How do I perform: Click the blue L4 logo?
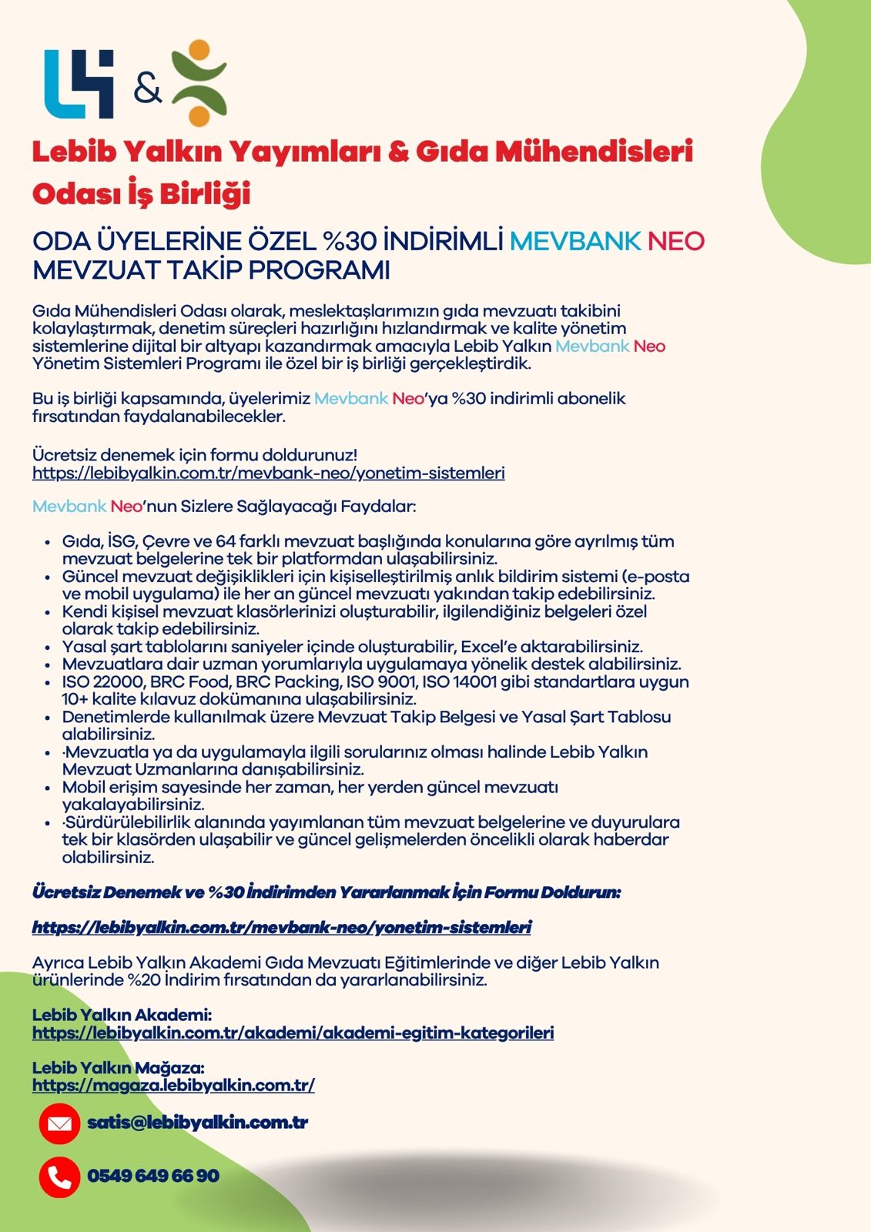click(79, 84)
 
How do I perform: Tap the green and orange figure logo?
click(199, 83)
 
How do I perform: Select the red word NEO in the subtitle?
click(675, 241)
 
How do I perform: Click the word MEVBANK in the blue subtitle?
click(575, 241)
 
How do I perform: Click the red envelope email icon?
click(59, 1123)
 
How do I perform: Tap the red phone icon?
click(59, 1177)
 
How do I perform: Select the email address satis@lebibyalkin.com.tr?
click(197, 1123)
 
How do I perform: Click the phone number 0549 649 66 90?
click(153, 1176)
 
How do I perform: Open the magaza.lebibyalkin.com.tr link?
click(173, 1085)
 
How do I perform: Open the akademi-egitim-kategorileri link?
click(293, 1033)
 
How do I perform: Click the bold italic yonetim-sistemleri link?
click(282, 927)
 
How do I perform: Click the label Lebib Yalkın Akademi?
click(122, 1015)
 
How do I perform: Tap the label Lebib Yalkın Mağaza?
click(118, 1068)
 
